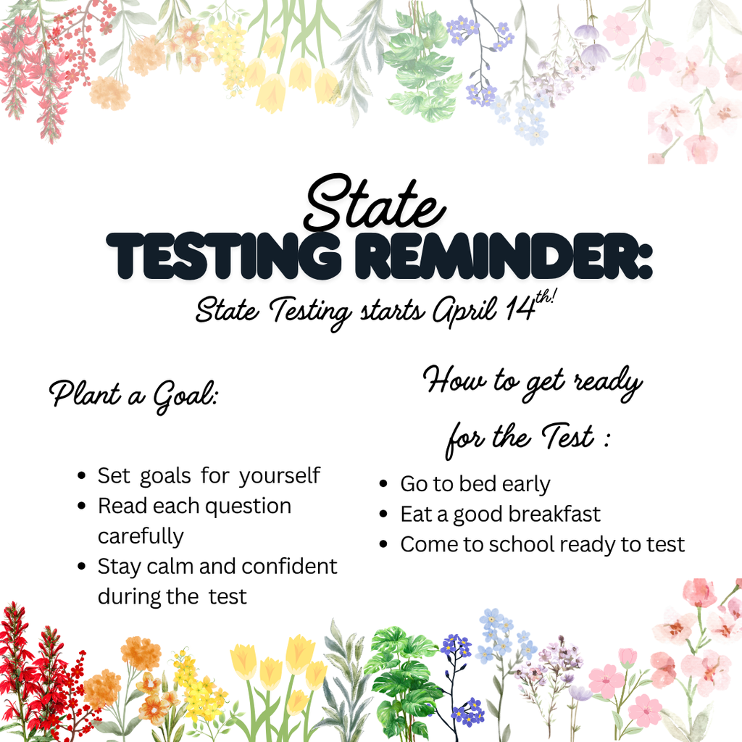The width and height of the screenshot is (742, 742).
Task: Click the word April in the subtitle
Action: coord(460,312)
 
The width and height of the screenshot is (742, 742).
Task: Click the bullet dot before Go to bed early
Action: coord(384,485)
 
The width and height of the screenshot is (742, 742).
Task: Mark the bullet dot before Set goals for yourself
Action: coord(82,477)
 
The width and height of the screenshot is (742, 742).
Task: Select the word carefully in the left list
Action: coord(141,537)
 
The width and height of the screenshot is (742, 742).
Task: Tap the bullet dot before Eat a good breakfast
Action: coord(384,514)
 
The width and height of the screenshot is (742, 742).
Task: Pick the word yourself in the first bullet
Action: coord(280,477)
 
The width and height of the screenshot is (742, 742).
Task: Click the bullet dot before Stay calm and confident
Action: coord(82,566)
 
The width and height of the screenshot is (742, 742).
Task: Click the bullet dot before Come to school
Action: coord(384,544)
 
